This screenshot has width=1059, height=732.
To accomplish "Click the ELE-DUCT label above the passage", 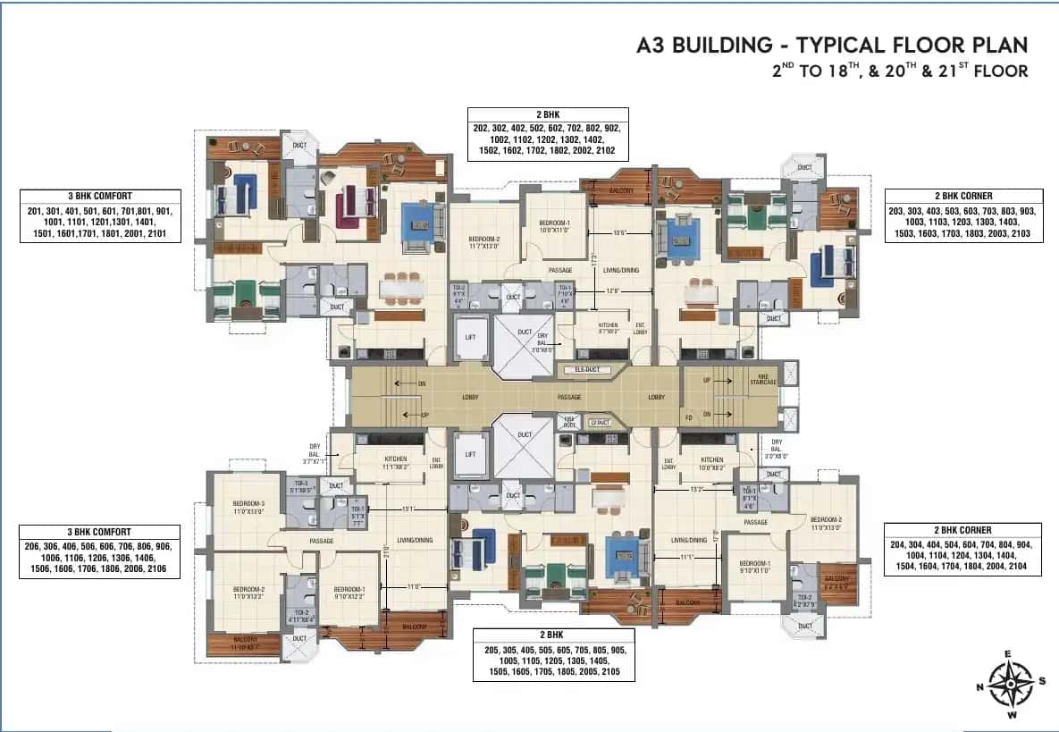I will (579, 368).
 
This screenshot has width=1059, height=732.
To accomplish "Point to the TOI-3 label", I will (299, 487).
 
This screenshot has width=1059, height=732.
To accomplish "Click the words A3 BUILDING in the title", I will (705, 45).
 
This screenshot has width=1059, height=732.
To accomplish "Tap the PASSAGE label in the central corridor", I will (569, 398).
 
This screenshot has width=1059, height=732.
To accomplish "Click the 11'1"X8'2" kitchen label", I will (395, 463).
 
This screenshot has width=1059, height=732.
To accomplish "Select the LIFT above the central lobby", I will (470, 338).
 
